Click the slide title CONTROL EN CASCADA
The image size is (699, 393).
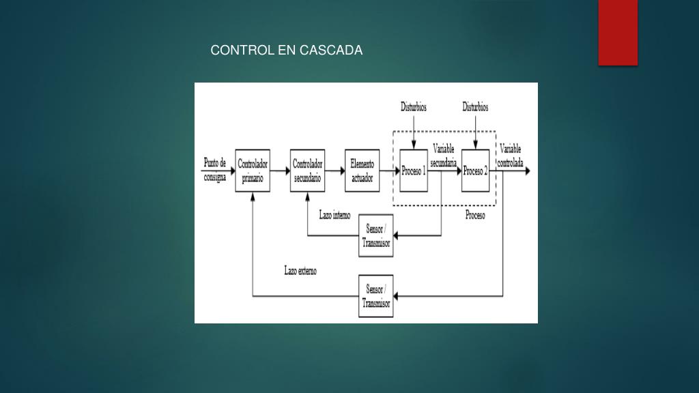point(287,50)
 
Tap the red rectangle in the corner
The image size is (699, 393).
point(618,32)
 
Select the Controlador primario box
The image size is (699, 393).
point(253,171)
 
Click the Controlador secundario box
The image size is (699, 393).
point(307,171)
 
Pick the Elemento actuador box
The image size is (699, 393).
point(362,171)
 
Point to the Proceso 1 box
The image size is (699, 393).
point(414,171)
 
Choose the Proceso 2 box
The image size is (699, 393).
point(475,171)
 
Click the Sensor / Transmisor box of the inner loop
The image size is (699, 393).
point(376,237)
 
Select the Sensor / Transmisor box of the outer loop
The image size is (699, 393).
point(376,296)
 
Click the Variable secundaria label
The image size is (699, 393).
point(444,155)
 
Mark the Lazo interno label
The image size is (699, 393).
point(334,215)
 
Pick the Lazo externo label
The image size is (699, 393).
point(300,271)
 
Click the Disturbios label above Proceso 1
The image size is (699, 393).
point(414,107)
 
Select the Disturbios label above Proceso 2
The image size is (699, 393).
point(475,107)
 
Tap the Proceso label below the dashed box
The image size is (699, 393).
point(475,216)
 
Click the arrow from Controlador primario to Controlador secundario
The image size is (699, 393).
point(280,171)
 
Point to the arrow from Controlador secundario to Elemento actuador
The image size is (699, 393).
point(334,171)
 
